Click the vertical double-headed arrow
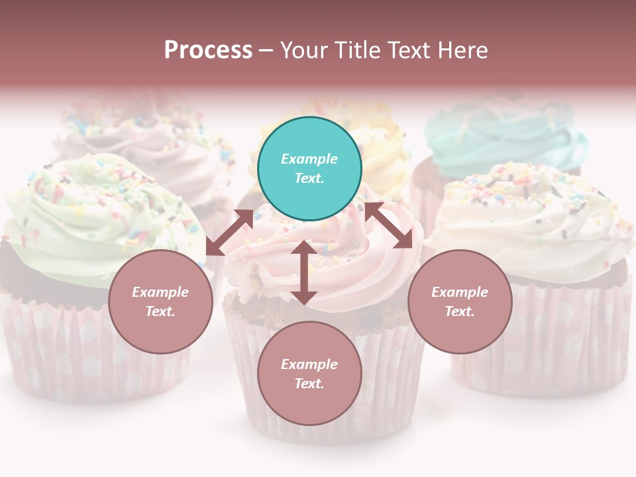click(303, 272)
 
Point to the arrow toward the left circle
click(229, 233)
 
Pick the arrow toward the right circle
click(389, 226)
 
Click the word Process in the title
click(208, 50)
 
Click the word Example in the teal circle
click(309, 159)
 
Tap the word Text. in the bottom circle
click(309, 384)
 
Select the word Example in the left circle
click(160, 292)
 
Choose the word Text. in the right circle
click(460, 311)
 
